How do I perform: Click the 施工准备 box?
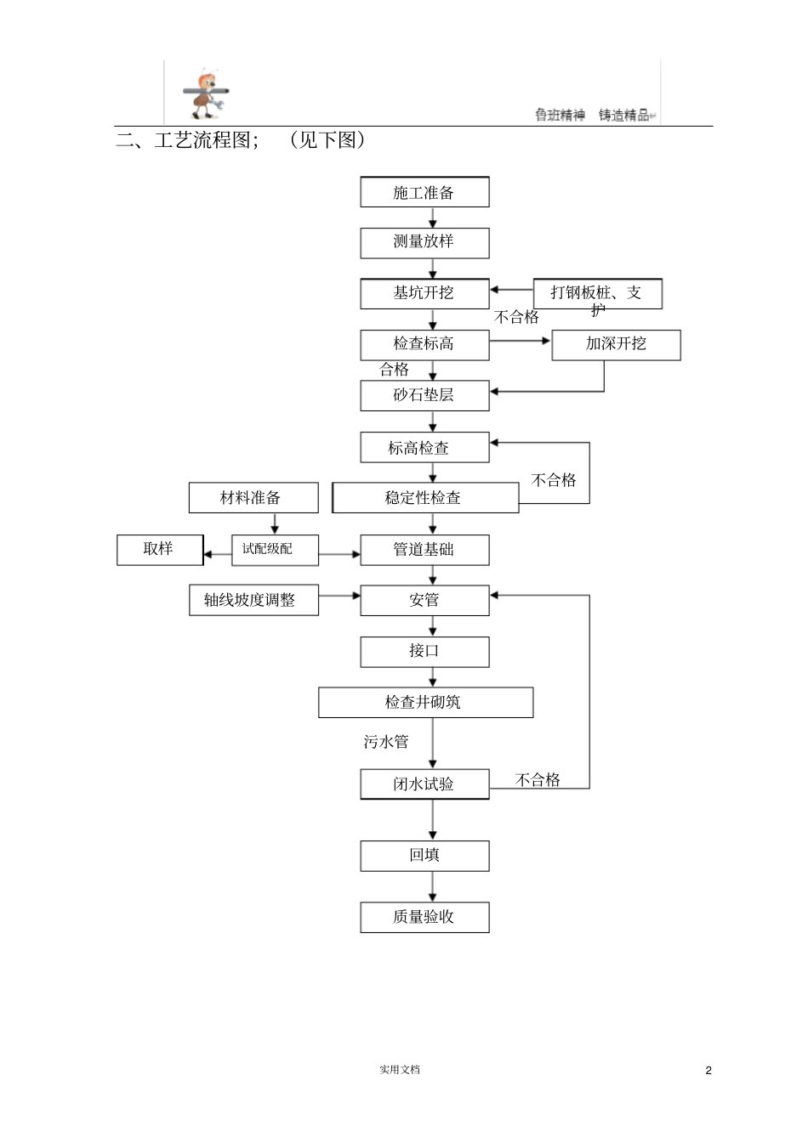424,192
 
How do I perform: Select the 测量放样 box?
424,243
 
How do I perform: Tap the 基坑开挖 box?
424,294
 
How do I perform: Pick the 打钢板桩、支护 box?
597,294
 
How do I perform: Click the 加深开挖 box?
616,345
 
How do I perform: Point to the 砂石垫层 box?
424,396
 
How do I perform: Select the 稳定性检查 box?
424,498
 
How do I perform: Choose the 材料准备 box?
253,498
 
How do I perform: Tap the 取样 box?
159,550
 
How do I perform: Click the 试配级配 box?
274,550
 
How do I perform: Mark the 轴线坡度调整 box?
253,600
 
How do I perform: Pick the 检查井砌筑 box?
425,703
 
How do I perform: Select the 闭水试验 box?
424,784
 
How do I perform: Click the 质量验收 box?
424,918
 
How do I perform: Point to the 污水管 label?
386,742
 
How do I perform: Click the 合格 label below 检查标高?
395,370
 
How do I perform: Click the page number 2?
708,1070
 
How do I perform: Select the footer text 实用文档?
400,1070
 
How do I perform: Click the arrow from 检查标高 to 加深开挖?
521,342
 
